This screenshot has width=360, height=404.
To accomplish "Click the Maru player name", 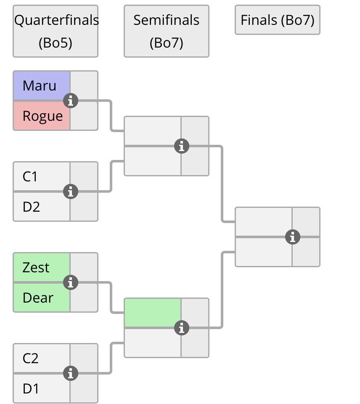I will pyautogui.click(x=40, y=86).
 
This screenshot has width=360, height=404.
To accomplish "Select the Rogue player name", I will pyautogui.click(x=42, y=116).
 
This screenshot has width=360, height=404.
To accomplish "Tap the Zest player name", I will pyautogui.click(x=36, y=268).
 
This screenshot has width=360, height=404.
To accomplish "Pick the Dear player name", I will pyautogui.click(x=38, y=298).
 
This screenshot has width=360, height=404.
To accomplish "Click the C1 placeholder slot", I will pyautogui.click(x=30, y=177).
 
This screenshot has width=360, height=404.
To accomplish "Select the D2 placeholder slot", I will pyautogui.click(x=32, y=207).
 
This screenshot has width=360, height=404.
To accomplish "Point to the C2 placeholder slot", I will pyautogui.click(x=31, y=359).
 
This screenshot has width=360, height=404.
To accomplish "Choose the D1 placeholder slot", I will pyautogui.click(x=31, y=389).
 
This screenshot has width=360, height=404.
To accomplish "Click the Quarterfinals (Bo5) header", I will pyautogui.click(x=56, y=31).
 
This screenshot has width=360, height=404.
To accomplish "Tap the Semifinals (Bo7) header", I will pyautogui.click(x=167, y=31).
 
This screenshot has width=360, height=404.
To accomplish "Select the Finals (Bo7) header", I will pyautogui.click(x=278, y=20).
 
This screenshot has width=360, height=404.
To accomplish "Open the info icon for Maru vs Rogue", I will pyautogui.click(x=71, y=101).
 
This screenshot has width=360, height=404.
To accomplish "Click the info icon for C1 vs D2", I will pyautogui.click(x=71, y=192).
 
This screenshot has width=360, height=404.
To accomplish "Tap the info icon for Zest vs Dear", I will pyautogui.click(x=71, y=283).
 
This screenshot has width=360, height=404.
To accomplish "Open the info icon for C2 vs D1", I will pyautogui.click(x=71, y=373).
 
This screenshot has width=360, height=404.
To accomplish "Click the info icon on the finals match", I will pyautogui.click(x=293, y=237).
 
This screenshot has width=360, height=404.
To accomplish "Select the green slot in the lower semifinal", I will pyautogui.click(x=153, y=313).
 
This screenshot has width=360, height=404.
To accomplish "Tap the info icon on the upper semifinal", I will pyautogui.click(x=182, y=146).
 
